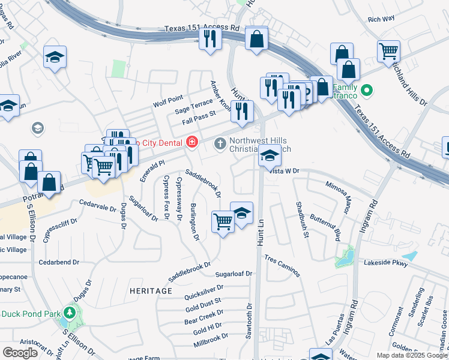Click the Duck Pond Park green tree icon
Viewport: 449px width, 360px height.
(70, 313)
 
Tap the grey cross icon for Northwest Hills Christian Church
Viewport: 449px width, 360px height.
(220, 142)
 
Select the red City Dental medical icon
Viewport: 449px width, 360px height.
(191, 142)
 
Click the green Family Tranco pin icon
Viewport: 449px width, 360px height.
(369, 91)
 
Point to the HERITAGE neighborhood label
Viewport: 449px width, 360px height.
(151, 290)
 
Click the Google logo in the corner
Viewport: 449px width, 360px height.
(20, 352)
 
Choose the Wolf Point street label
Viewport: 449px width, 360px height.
(167, 98)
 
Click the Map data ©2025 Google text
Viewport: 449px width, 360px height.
(412, 355)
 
